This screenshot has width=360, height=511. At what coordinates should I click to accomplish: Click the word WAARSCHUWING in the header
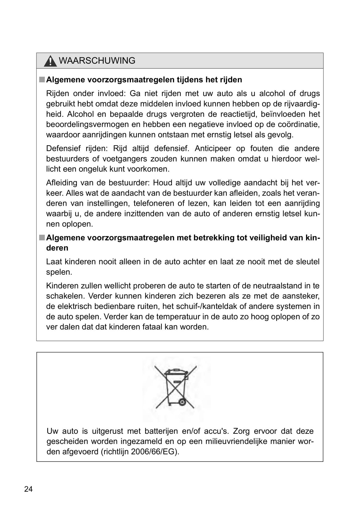click(x=97, y=61)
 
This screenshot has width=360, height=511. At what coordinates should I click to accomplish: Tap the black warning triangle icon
click(x=50, y=61)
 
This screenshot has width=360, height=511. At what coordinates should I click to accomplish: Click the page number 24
click(x=28, y=489)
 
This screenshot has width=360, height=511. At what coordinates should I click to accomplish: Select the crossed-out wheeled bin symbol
click(x=176, y=387)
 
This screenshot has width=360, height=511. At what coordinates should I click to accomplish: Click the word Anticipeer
click(x=213, y=148)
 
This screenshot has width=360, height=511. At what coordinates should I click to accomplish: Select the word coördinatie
click(x=299, y=124)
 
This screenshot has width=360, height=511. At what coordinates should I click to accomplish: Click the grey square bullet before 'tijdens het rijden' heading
click(x=42, y=80)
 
